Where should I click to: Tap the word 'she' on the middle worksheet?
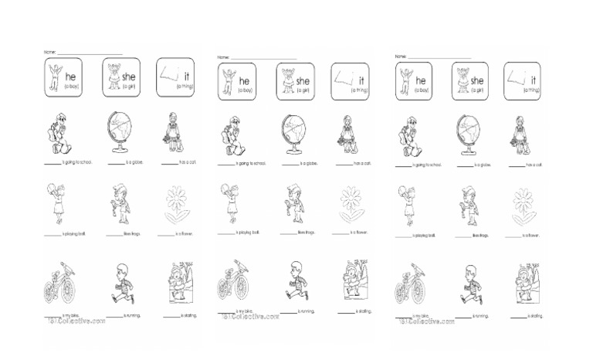(303, 80)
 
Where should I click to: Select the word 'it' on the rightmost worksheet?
(534, 80)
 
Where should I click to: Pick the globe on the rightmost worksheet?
(470, 137)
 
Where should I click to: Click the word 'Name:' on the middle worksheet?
(223, 57)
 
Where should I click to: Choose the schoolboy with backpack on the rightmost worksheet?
(407, 135)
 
